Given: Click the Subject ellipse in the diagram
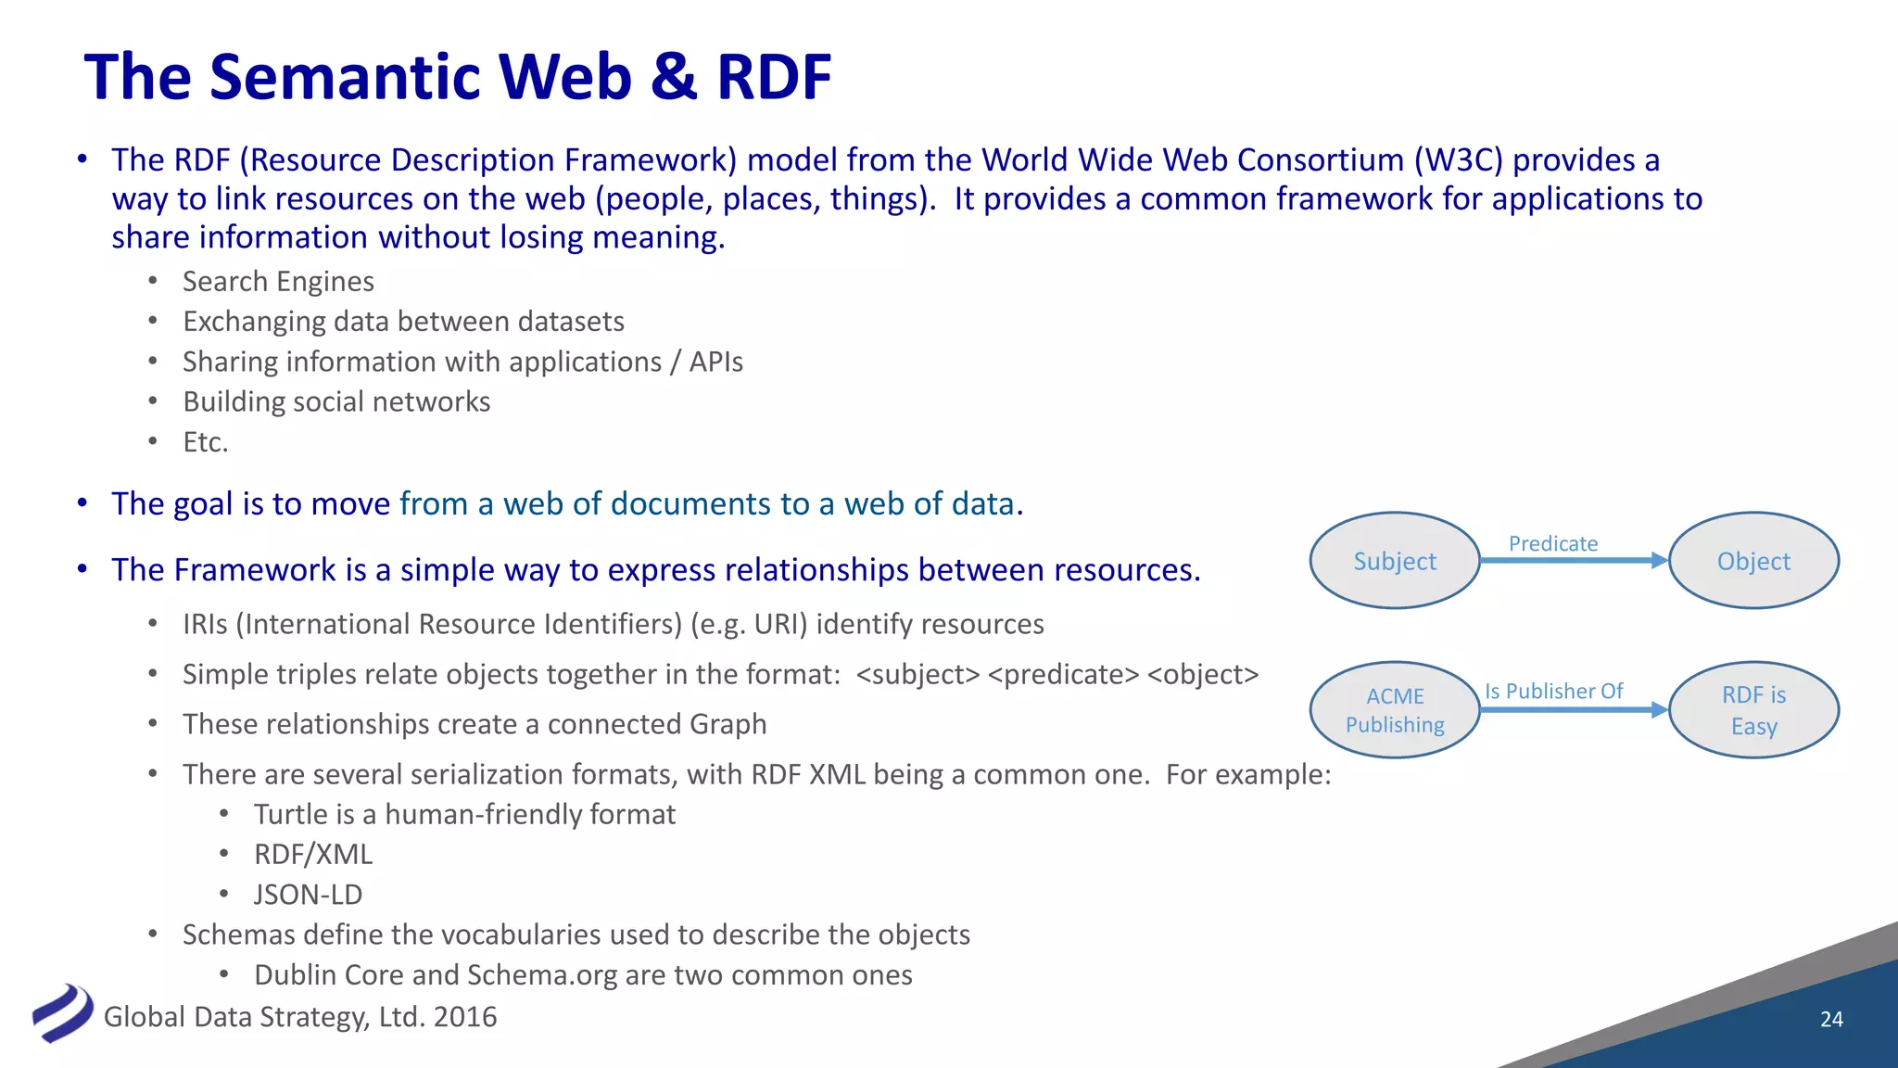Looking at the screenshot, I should pyautogui.click(x=1395, y=561).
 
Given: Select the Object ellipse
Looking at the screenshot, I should pyautogui.click(x=1753, y=561).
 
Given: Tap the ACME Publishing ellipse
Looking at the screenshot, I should pyautogui.click(x=1395, y=710).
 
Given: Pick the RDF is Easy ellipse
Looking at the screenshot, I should pyautogui.click(x=1753, y=710).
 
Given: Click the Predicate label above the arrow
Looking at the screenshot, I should pyautogui.click(x=1553, y=543).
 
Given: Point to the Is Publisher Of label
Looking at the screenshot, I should pyautogui.click(x=1553, y=692).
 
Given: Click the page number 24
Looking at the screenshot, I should pyautogui.click(x=1831, y=1019).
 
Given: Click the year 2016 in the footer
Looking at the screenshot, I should pyautogui.click(x=465, y=1017).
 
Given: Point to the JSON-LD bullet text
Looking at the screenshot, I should pyautogui.click(x=309, y=895).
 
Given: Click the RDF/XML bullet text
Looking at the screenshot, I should pyautogui.click(x=313, y=854).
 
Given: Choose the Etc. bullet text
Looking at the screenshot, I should pyautogui.click(x=205, y=442).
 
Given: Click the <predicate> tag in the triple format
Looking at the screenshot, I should pyautogui.click(x=1063, y=675).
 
